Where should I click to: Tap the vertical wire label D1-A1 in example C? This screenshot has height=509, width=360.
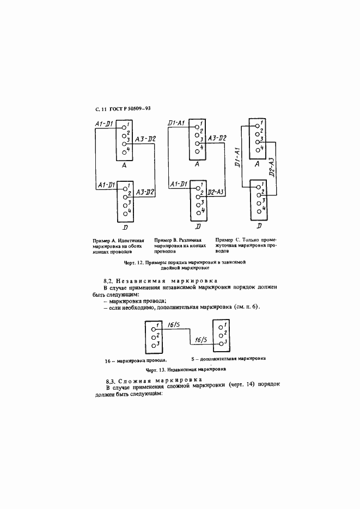pos(237,157)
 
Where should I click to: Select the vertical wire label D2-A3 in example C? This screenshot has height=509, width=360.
pos(272,168)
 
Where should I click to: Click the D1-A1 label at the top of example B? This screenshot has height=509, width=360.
pos(176,123)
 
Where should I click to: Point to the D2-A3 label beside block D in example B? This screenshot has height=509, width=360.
pos(216,192)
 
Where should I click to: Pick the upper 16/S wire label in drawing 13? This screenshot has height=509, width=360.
pos(174,324)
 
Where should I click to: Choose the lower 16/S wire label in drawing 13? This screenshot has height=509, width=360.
pos(200,340)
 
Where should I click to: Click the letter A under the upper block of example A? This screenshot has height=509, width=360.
pos(124,165)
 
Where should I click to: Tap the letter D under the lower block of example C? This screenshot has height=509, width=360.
pos(259,225)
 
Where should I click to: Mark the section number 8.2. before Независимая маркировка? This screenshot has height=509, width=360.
pos(107,281)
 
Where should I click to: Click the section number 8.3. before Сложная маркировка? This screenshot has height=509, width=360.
pos(110,381)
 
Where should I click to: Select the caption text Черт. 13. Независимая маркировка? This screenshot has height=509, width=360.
pos(186,369)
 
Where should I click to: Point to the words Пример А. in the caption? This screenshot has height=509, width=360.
pos(105,241)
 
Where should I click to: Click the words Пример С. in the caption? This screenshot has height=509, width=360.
pos(227,240)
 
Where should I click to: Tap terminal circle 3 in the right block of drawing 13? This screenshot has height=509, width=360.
pos(221,344)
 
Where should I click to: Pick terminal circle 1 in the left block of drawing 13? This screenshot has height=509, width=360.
pos(154,328)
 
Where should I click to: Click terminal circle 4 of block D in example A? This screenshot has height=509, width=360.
pos(125,213)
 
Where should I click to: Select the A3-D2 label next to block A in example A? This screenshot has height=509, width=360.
pos(145,139)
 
